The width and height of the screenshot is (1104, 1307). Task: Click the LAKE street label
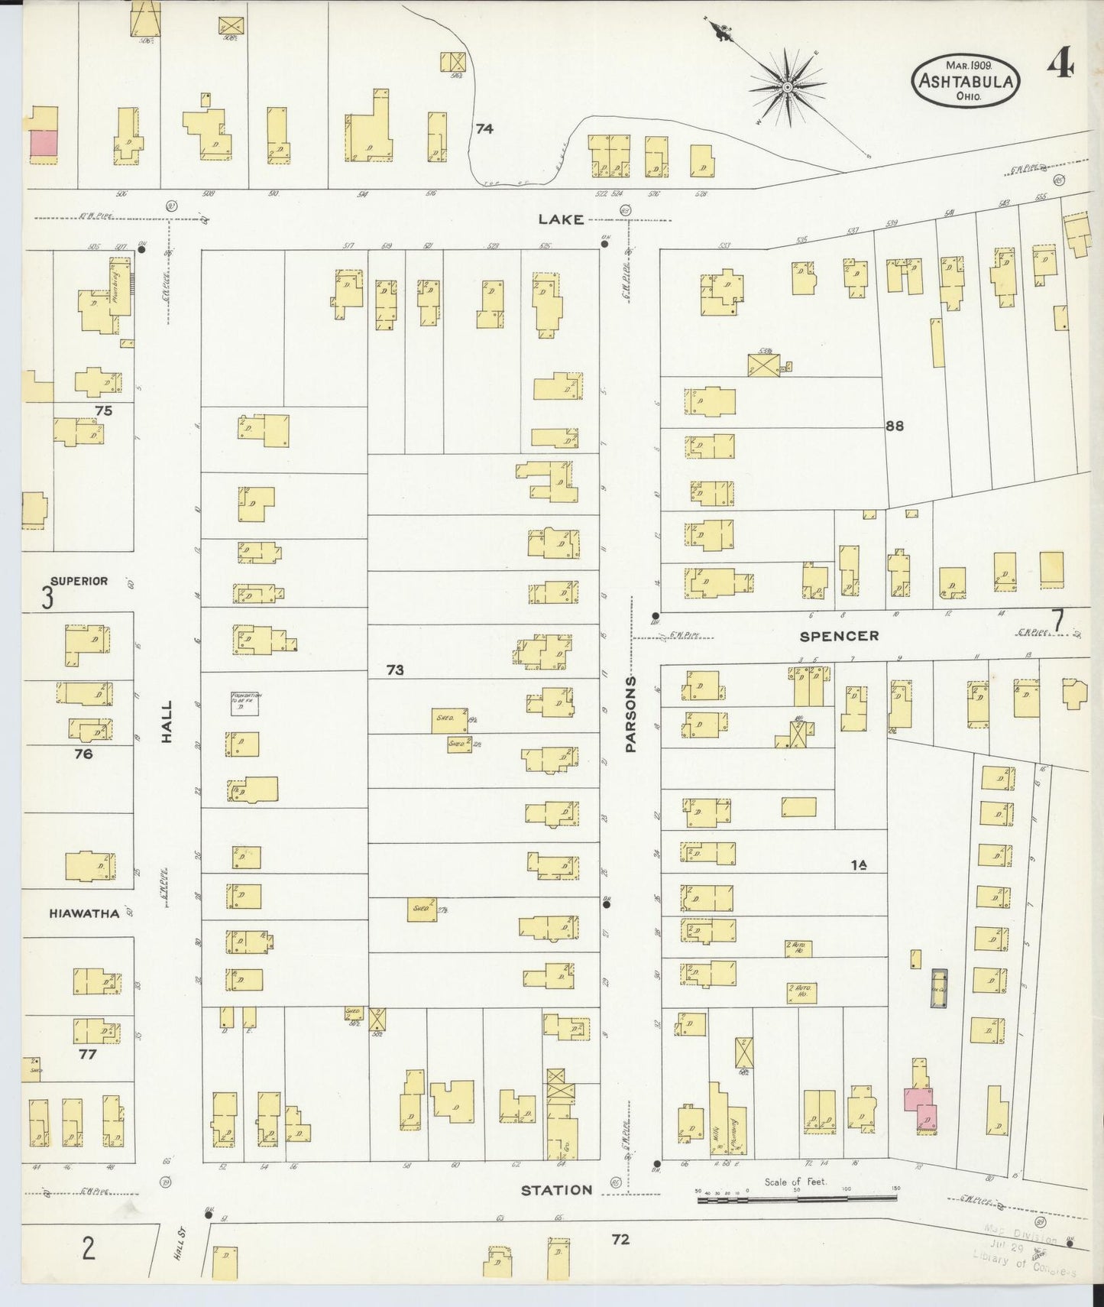561,219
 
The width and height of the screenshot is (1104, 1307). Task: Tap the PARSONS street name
631,715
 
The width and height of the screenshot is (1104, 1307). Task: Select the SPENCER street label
839,636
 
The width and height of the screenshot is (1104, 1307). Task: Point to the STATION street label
557,1190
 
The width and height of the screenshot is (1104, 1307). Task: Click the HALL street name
167,722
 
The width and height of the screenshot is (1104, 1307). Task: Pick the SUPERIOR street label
79,581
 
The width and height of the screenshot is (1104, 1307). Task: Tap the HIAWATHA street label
84,913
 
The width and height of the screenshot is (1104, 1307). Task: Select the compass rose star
787,89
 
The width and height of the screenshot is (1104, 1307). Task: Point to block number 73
394,670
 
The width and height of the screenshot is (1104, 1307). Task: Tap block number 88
894,426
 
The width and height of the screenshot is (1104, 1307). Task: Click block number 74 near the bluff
484,128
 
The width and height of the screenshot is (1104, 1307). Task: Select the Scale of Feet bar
798,1200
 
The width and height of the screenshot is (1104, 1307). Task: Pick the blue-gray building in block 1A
939,989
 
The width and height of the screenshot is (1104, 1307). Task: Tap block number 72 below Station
620,1239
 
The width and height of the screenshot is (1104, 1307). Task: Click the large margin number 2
89,1249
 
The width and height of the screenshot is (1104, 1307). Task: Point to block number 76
83,754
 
